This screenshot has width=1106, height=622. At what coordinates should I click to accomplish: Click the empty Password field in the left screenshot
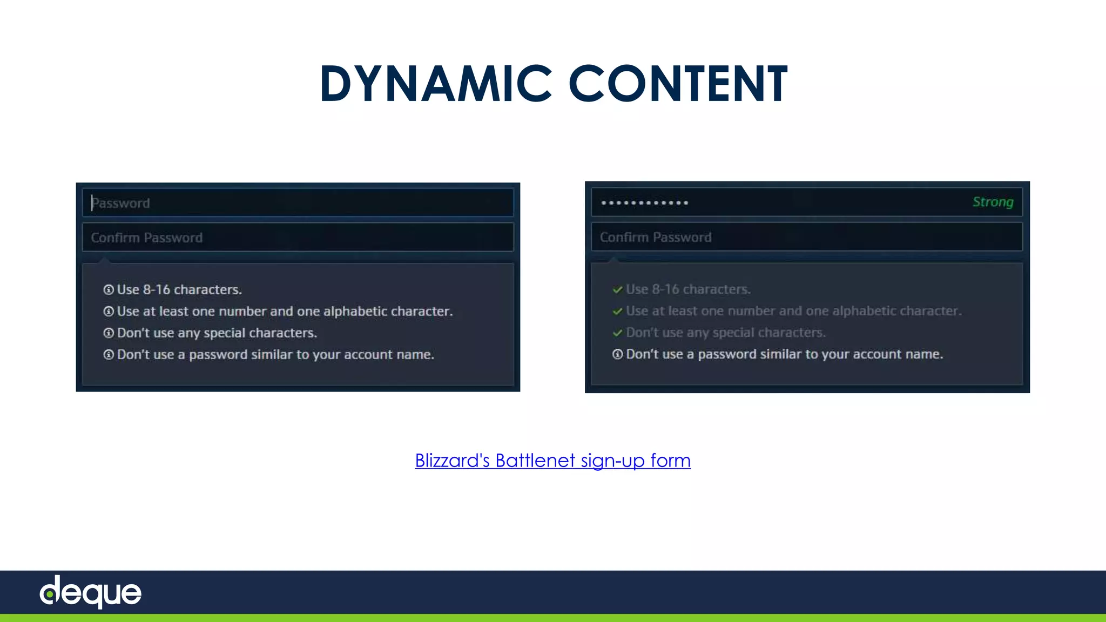pyautogui.click(x=298, y=203)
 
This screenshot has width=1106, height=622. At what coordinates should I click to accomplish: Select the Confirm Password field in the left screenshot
pyautogui.click(x=298, y=238)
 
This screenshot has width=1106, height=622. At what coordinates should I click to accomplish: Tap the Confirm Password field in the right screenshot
pyautogui.click(x=807, y=237)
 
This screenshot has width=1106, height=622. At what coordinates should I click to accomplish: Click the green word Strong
pyautogui.click(x=993, y=202)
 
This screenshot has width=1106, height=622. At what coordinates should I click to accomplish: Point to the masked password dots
pyautogui.click(x=644, y=203)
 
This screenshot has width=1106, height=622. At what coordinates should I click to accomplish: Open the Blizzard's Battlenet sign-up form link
pyautogui.click(x=552, y=461)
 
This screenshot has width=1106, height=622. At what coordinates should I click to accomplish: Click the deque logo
pyautogui.click(x=91, y=592)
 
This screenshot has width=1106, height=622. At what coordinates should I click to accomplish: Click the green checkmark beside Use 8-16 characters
pyautogui.click(x=618, y=290)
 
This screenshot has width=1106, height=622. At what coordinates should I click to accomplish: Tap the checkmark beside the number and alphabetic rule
pyautogui.click(x=618, y=312)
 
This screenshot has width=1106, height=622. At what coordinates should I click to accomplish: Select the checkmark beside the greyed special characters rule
pyautogui.click(x=618, y=333)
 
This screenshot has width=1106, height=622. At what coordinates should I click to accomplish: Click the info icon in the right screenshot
pyautogui.click(x=618, y=354)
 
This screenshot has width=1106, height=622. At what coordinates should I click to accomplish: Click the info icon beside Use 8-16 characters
pyautogui.click(x=109, y=290)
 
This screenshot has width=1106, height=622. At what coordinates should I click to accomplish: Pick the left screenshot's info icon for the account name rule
pyautogui.click(x=109, y=355)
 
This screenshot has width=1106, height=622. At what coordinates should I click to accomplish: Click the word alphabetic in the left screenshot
pyautogui.click(x=355, y=312)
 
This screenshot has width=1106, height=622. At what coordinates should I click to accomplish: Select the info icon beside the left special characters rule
pyautogui.click(x=109, y=333)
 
